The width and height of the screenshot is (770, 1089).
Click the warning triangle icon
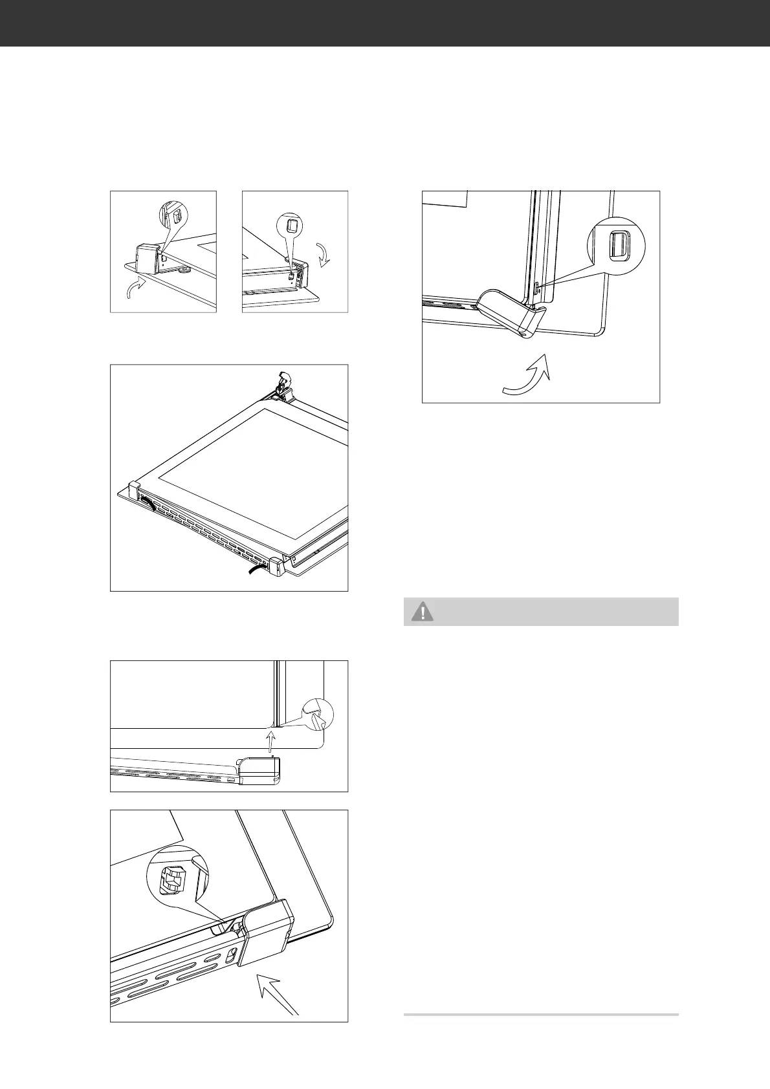(423, 612)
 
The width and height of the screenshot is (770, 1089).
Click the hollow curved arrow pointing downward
(324, 253)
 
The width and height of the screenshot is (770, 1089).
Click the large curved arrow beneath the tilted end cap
(528, 374)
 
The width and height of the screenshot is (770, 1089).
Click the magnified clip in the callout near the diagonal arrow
(170, 879)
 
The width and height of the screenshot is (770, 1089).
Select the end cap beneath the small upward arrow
(260, 771)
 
